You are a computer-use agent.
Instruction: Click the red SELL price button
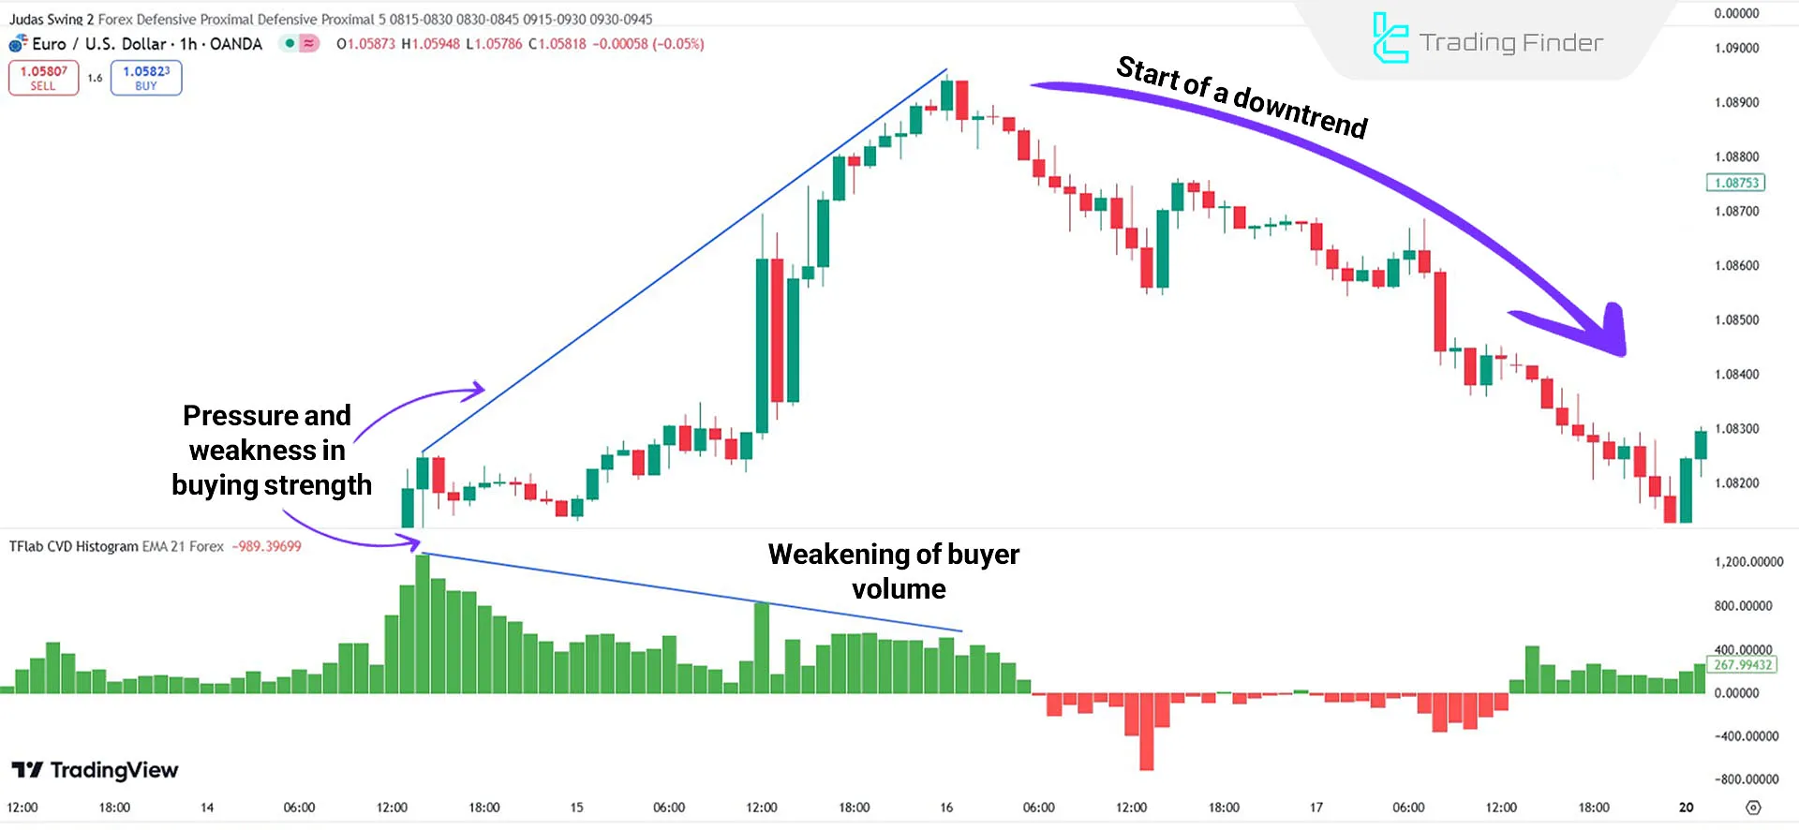tap(43, 78)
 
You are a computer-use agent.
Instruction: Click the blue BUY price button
tap(146, 78)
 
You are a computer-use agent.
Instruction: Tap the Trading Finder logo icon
tap(1390, 38)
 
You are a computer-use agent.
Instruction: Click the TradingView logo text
tap(113, 770)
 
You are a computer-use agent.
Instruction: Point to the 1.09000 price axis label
tap(1736, 48)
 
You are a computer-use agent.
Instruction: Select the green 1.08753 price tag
tap(1736, 183)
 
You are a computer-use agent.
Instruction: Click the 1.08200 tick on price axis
tap(1736, 483)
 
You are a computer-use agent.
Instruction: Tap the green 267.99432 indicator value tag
tap(1743, 665)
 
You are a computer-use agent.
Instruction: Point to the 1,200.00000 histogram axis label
tap(1748, 562)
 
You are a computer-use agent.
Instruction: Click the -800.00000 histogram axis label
tap(1747, 779)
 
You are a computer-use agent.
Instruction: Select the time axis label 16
tap(946, 808)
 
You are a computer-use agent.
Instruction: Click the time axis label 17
tap(1316, 808)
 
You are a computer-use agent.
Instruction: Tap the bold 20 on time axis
tap(1687, 808)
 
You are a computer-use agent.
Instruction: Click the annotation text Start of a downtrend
tap(1241, 97)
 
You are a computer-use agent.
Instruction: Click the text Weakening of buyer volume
tap(894, 571)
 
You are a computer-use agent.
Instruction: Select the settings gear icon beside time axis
tap(1754, 808)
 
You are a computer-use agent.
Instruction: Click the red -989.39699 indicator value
tap(267, 546)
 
